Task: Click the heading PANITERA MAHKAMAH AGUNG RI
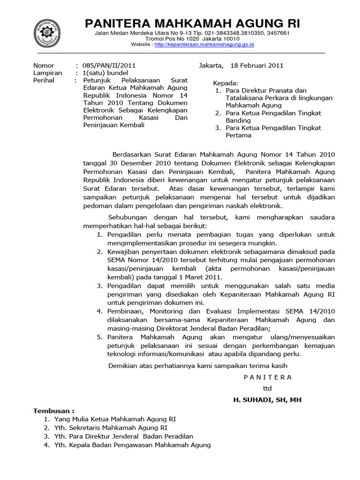[192, 24]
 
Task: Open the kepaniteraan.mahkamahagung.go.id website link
[204, 45]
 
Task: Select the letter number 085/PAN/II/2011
[109, 66]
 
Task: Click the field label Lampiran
[47, 73]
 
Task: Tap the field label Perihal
[44, 81]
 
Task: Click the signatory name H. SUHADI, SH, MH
[268, 399]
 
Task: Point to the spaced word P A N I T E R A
[268, 377]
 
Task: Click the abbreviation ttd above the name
[267, 388]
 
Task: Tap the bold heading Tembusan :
[53, 411]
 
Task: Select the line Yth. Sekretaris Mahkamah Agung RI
[111, 427]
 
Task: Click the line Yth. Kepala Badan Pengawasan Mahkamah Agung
[133, 445]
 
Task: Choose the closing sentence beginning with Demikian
[197, 366]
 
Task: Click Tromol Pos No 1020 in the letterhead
[174, 39]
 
